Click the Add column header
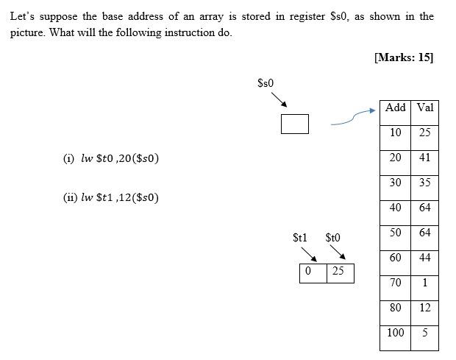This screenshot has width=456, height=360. [x=396, y=108]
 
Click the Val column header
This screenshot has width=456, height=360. [x=425, y=108]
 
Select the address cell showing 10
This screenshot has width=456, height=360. [x=396, y=133]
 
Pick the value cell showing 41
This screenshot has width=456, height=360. [x=425, y=158]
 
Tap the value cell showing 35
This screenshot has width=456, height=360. [x=425, y=183]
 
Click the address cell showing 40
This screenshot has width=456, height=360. [x=396, y=208]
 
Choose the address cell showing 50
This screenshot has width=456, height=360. [x=396, y=233]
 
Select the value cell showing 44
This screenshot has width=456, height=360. [x=425, y=258]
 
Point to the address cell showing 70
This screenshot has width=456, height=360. [x=396, y=283]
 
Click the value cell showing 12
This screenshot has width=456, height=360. [x=425, y=308]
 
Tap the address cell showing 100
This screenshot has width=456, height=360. [x=396, y=333]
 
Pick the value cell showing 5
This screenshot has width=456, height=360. [x=425, y=333]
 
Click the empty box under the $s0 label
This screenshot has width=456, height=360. [x=294, y=124]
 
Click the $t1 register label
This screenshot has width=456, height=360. [x=299, y=238]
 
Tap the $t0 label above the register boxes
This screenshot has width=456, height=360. [x=332, y=238]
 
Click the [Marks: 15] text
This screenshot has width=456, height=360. [x=403, y=58]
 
